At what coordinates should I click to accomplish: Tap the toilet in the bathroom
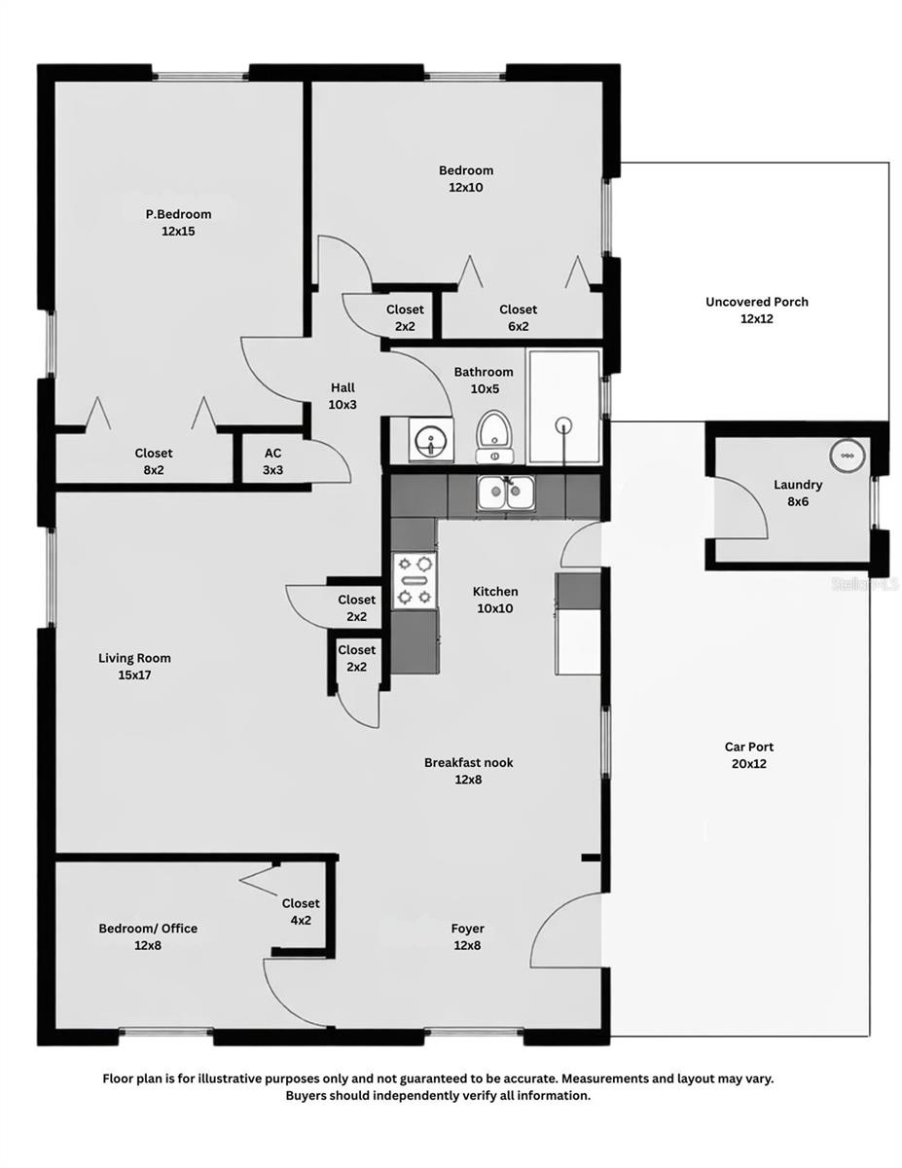pos(495,435)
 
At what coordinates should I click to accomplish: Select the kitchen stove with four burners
pos(413,580)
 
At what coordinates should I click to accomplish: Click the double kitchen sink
pos(505,493)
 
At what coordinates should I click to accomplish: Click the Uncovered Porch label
pos(756,302)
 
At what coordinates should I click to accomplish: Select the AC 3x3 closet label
pos(273,460)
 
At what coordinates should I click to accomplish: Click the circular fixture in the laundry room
pos(846,455)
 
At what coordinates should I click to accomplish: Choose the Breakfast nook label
pos(468,762)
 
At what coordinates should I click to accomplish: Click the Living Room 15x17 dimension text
pos(134,675)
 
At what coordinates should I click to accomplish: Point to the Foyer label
pos(467,929)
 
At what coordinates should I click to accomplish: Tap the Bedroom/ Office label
pos(148,929)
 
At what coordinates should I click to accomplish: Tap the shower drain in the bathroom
pos(562,424)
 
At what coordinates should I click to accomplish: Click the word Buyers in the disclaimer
pos(307,1095)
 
